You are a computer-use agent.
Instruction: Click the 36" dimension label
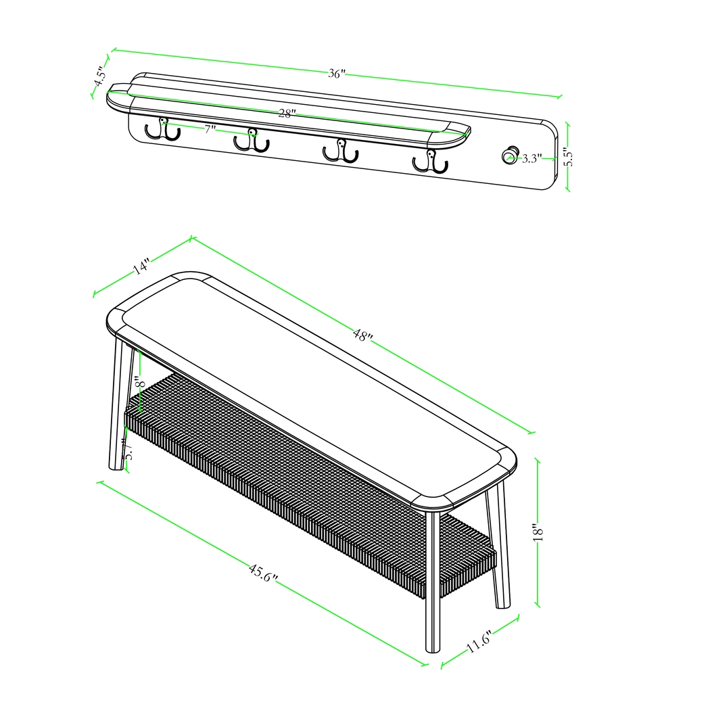point(336,74)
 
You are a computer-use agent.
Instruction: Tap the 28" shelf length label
point(286,114)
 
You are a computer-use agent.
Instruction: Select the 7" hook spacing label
point(210,128)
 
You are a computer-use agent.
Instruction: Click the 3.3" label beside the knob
point(531,158)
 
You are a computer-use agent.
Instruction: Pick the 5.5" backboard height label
point(568,158)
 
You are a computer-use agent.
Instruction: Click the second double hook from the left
point(252,141)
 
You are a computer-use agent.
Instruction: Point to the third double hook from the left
point(340,151)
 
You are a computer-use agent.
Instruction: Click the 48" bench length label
point(362,334)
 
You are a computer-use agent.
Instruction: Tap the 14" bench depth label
point(141,266)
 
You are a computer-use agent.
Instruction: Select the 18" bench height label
point(538,532)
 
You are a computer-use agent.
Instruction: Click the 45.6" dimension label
point(263,574)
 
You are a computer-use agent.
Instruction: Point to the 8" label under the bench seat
point(138,382)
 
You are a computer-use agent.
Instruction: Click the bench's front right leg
point(432,582)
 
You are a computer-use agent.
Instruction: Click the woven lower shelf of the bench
point(304,473)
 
